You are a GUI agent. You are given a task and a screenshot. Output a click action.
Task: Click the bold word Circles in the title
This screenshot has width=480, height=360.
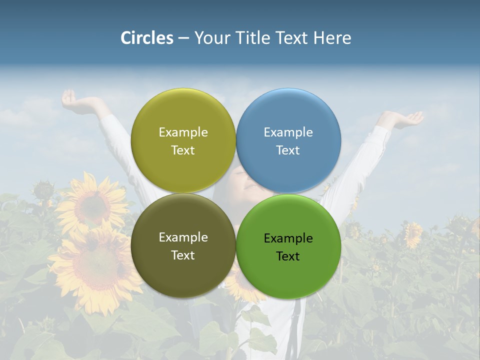(x=147, y=38)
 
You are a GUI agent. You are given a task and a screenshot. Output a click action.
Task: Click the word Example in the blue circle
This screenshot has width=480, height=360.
(x=288, y=132)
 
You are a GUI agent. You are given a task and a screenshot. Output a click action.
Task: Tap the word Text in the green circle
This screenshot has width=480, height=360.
(x=288, y=256)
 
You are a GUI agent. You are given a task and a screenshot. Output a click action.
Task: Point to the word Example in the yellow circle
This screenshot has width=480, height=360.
(x=183, y=132)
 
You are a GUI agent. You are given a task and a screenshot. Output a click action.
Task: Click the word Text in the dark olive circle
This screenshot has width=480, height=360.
(x=183, y=255)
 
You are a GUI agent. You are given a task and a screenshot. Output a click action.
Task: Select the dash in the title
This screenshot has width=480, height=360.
(x=183, y=38)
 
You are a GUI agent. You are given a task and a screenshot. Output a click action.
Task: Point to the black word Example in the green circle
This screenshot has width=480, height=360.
(x=288, y=238)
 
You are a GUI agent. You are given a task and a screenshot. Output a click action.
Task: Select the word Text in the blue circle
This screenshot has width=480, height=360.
(x=288, y=150)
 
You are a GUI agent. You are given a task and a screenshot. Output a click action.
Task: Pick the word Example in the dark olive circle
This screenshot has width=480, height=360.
(x=183, y=237)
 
